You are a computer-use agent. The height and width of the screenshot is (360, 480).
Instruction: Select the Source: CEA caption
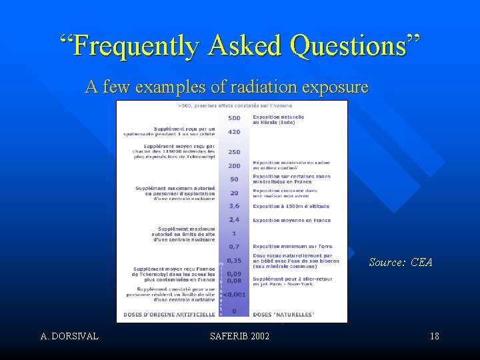401,262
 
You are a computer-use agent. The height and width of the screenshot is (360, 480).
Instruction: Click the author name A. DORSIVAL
69,336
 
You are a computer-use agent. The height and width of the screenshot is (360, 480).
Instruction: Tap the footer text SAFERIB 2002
239,336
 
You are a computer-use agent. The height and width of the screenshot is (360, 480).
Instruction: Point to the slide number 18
434,336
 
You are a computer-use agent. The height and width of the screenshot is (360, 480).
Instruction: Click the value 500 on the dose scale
234,119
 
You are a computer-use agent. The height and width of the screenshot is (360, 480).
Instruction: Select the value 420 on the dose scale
234,132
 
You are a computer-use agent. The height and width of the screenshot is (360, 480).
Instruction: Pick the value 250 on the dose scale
234,151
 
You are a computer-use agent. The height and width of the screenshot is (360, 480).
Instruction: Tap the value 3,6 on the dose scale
234,206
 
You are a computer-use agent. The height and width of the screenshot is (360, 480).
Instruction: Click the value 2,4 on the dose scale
234,219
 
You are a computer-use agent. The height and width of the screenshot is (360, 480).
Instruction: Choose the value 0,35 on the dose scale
234,260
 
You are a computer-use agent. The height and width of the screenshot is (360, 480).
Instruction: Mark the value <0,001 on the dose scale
234,293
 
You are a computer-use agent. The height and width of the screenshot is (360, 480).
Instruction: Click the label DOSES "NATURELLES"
283,313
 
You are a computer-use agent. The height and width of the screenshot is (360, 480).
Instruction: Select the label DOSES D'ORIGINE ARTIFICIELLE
170,313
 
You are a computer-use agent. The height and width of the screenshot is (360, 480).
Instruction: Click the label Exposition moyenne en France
291,220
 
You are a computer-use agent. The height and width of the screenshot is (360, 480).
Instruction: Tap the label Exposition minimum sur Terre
292,246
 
